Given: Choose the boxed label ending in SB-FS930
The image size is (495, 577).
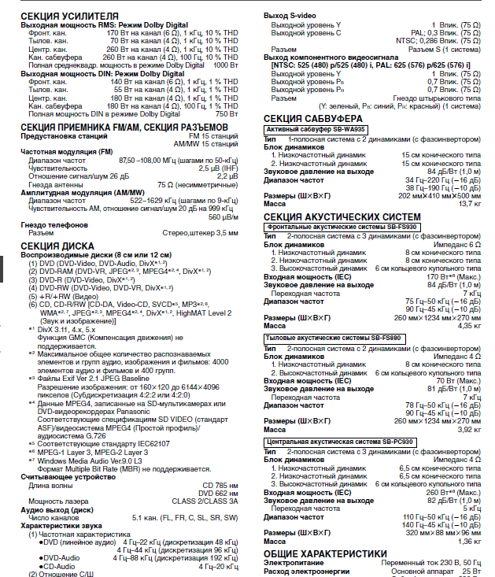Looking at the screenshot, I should tap(343, 227).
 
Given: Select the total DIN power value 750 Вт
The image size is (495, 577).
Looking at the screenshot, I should tap(227, 114).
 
